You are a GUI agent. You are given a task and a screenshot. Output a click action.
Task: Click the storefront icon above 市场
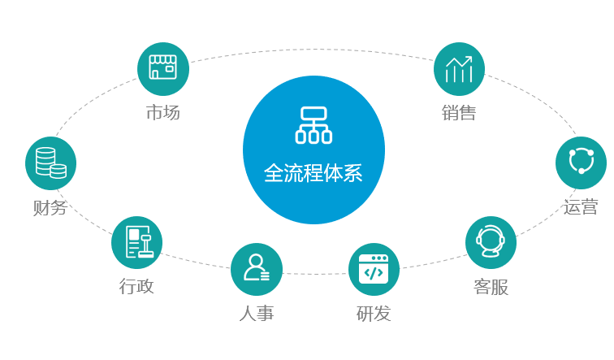click(x=163, y=67)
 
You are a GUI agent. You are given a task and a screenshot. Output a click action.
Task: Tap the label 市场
click(x=163, y=112)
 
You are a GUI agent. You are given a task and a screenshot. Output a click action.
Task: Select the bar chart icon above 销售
click(x=459, y=69)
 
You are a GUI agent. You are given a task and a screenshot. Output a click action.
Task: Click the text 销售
click(x=459, y=113)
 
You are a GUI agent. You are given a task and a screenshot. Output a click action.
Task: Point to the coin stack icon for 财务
click(x=51, y=163)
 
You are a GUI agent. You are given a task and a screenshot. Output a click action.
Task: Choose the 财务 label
click(x=50, y=207)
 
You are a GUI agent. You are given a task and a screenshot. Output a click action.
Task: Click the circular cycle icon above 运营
click(x=582, y=161)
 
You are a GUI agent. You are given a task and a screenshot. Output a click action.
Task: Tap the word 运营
click(x=581, y=207)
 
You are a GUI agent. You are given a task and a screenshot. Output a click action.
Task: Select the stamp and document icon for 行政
click(x=139, y=242)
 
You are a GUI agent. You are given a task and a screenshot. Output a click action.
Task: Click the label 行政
click(x=136, y=286)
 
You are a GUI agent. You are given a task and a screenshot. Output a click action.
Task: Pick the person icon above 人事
click(x=257, y=267)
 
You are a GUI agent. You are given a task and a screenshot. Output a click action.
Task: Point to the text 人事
click(x=257, y=314)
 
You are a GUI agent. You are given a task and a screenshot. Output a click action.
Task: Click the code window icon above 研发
click(x=374, y=269)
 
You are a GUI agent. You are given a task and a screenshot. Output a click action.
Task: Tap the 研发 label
click(x=374, y=314)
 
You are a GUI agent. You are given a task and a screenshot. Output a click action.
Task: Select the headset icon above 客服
click(x=491, y=241)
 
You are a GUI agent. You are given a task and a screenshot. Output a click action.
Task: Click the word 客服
click(x=491, y=287)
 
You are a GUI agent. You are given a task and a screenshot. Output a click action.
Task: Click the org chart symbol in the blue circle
click(x=313, y=125)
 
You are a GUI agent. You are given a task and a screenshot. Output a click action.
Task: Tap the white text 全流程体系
click(x=313, y=173)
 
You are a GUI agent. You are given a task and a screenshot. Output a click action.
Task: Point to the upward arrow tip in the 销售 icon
click(x=471, y=57)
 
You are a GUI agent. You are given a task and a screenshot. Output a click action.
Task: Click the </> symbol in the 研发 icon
click(x=374, y=273)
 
